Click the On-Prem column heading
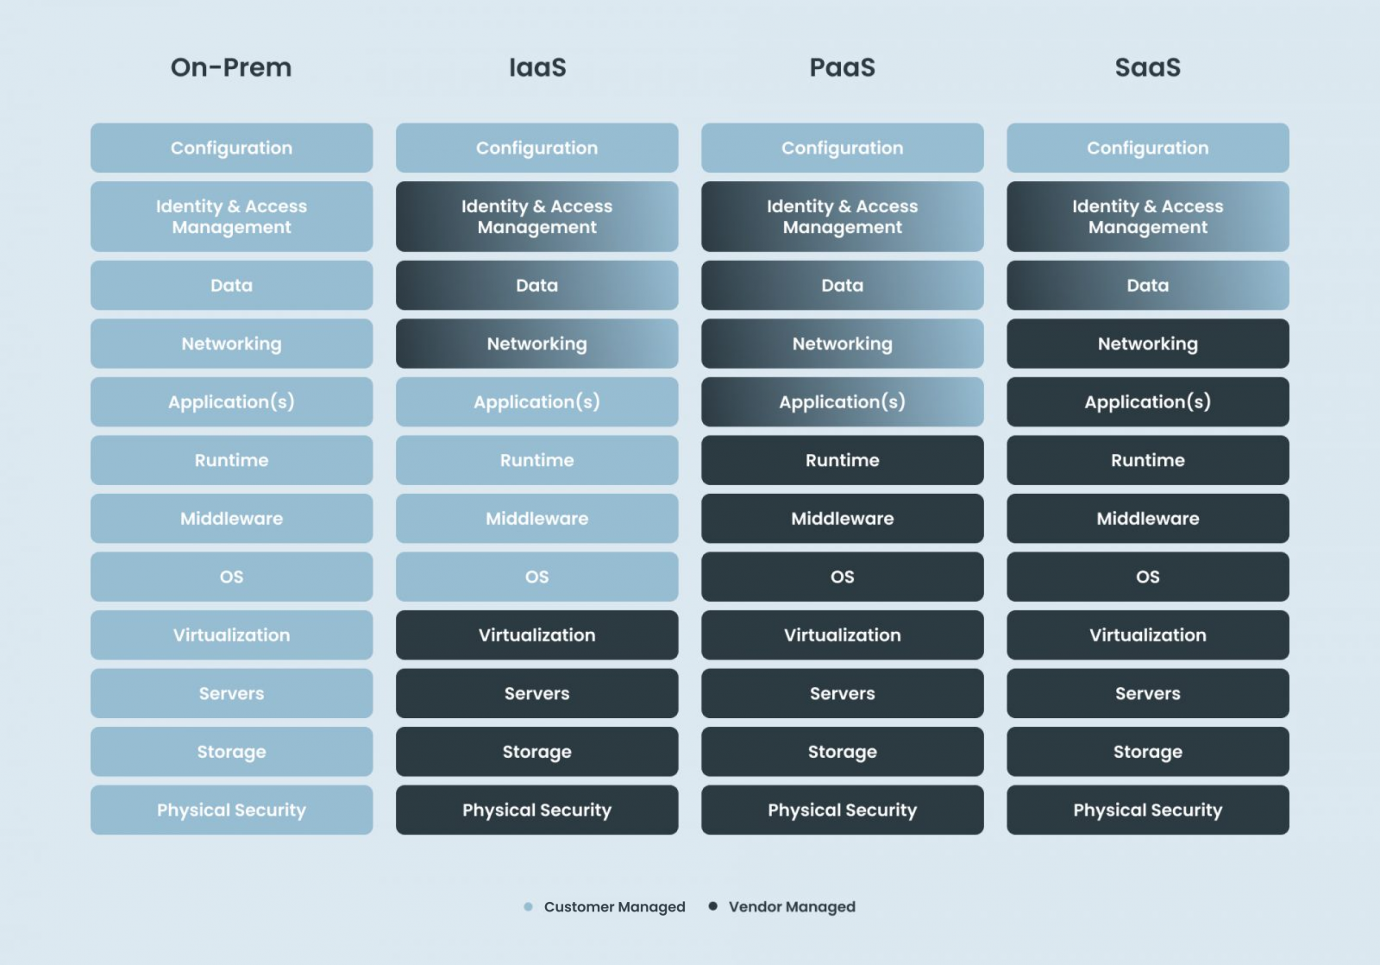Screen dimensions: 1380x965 tap(231, 67)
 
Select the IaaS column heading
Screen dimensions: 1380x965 tap(537, 67)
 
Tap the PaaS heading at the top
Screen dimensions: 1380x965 tap(842, 67)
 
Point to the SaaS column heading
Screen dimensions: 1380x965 tap(1148, 67)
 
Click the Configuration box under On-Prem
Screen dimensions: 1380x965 tap(232, 148)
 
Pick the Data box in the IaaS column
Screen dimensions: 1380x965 tap(537, 286)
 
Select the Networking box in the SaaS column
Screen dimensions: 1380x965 tap(1148, 344)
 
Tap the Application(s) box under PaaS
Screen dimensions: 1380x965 tap(842, 402)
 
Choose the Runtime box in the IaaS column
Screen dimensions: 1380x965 tap(537, 460)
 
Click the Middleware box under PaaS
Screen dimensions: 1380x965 tap(842, 519)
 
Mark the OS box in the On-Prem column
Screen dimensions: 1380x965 tap(232, 577)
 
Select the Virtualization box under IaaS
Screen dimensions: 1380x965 tap(537, 635)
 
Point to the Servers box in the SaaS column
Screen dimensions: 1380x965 tap(1148, 693)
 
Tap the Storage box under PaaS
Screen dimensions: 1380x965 tap(842, 752)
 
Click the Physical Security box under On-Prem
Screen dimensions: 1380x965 tap(232, 810)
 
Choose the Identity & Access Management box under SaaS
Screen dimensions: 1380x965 tap(1148, 217)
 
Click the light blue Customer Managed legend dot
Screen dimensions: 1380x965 tap(528, 906)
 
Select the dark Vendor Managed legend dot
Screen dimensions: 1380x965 tap(712, 906)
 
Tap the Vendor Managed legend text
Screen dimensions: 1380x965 tap(793, 907)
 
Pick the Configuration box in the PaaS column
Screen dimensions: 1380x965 tap(842, 148)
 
